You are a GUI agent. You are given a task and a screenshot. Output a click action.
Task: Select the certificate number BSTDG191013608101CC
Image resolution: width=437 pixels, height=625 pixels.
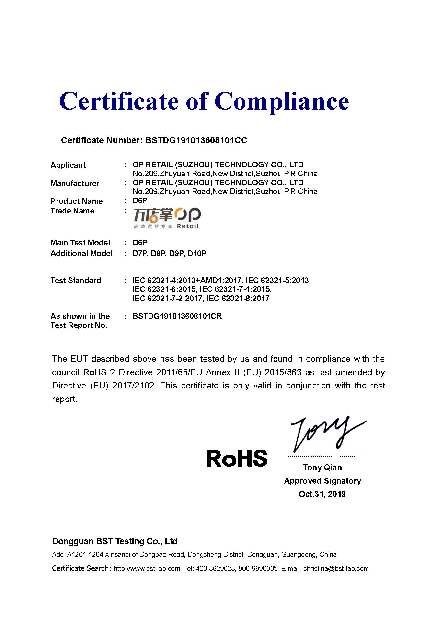pos(196,140)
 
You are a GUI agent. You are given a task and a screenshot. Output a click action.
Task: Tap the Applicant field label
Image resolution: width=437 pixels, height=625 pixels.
pos(68,165)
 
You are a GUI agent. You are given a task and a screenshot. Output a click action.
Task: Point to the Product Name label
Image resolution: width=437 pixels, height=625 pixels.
pos(76,201)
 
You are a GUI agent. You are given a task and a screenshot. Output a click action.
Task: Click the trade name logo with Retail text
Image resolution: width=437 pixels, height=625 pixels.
pos(167,218)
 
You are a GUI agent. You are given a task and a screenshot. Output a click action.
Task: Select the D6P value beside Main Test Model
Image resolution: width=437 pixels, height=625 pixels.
pos(140,243)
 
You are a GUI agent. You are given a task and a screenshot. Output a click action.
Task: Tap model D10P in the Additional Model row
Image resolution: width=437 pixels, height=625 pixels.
pos(197,253)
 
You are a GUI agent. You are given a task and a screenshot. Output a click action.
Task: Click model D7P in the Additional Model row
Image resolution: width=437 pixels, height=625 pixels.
pos(140,253)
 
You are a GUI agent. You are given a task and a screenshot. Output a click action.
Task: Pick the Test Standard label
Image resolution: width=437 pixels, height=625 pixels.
pos(76,280)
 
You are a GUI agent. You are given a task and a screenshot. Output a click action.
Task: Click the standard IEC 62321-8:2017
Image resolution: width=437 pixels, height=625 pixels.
pos(238,298)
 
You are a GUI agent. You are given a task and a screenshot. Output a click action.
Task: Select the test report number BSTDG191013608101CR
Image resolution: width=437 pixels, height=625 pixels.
pos(177,316)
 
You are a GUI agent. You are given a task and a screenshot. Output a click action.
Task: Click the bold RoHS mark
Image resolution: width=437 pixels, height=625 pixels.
pos(237,458)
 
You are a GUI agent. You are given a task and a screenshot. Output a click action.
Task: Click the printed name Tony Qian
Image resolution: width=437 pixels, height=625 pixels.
pos(322,467)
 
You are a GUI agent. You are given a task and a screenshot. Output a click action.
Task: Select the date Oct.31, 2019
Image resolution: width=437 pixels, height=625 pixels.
pos(322,494)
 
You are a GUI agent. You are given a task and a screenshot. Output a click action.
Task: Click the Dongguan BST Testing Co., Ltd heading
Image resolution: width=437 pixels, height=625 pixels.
pos(115,541)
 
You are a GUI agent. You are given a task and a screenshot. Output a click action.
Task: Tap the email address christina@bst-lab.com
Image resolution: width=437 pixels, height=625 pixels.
pos(336,568)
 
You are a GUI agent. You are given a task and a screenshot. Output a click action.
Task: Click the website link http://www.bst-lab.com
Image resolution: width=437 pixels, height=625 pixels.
pos(147,568)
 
